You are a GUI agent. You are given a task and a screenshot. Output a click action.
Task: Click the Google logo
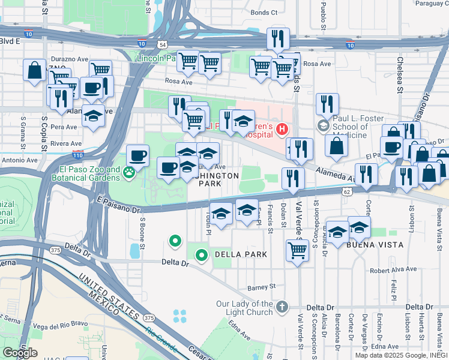20,353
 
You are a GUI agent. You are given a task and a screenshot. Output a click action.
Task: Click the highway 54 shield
163,44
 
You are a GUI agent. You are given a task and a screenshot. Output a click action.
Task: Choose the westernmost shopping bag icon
35,70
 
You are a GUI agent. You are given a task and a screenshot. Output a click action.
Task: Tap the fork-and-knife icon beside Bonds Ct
278,38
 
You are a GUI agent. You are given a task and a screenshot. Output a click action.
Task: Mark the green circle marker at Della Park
202,255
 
